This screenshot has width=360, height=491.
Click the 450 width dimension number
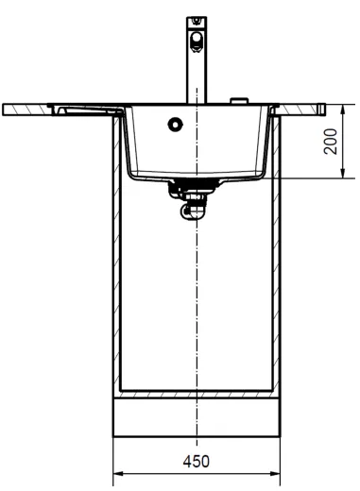click(197, 462)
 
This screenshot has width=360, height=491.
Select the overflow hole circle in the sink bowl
click(174, 123)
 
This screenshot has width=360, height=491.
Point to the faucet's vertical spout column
click(195, 76)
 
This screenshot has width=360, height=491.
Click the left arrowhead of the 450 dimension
click(118, 473)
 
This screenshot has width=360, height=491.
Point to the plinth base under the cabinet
click(196, 416)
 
